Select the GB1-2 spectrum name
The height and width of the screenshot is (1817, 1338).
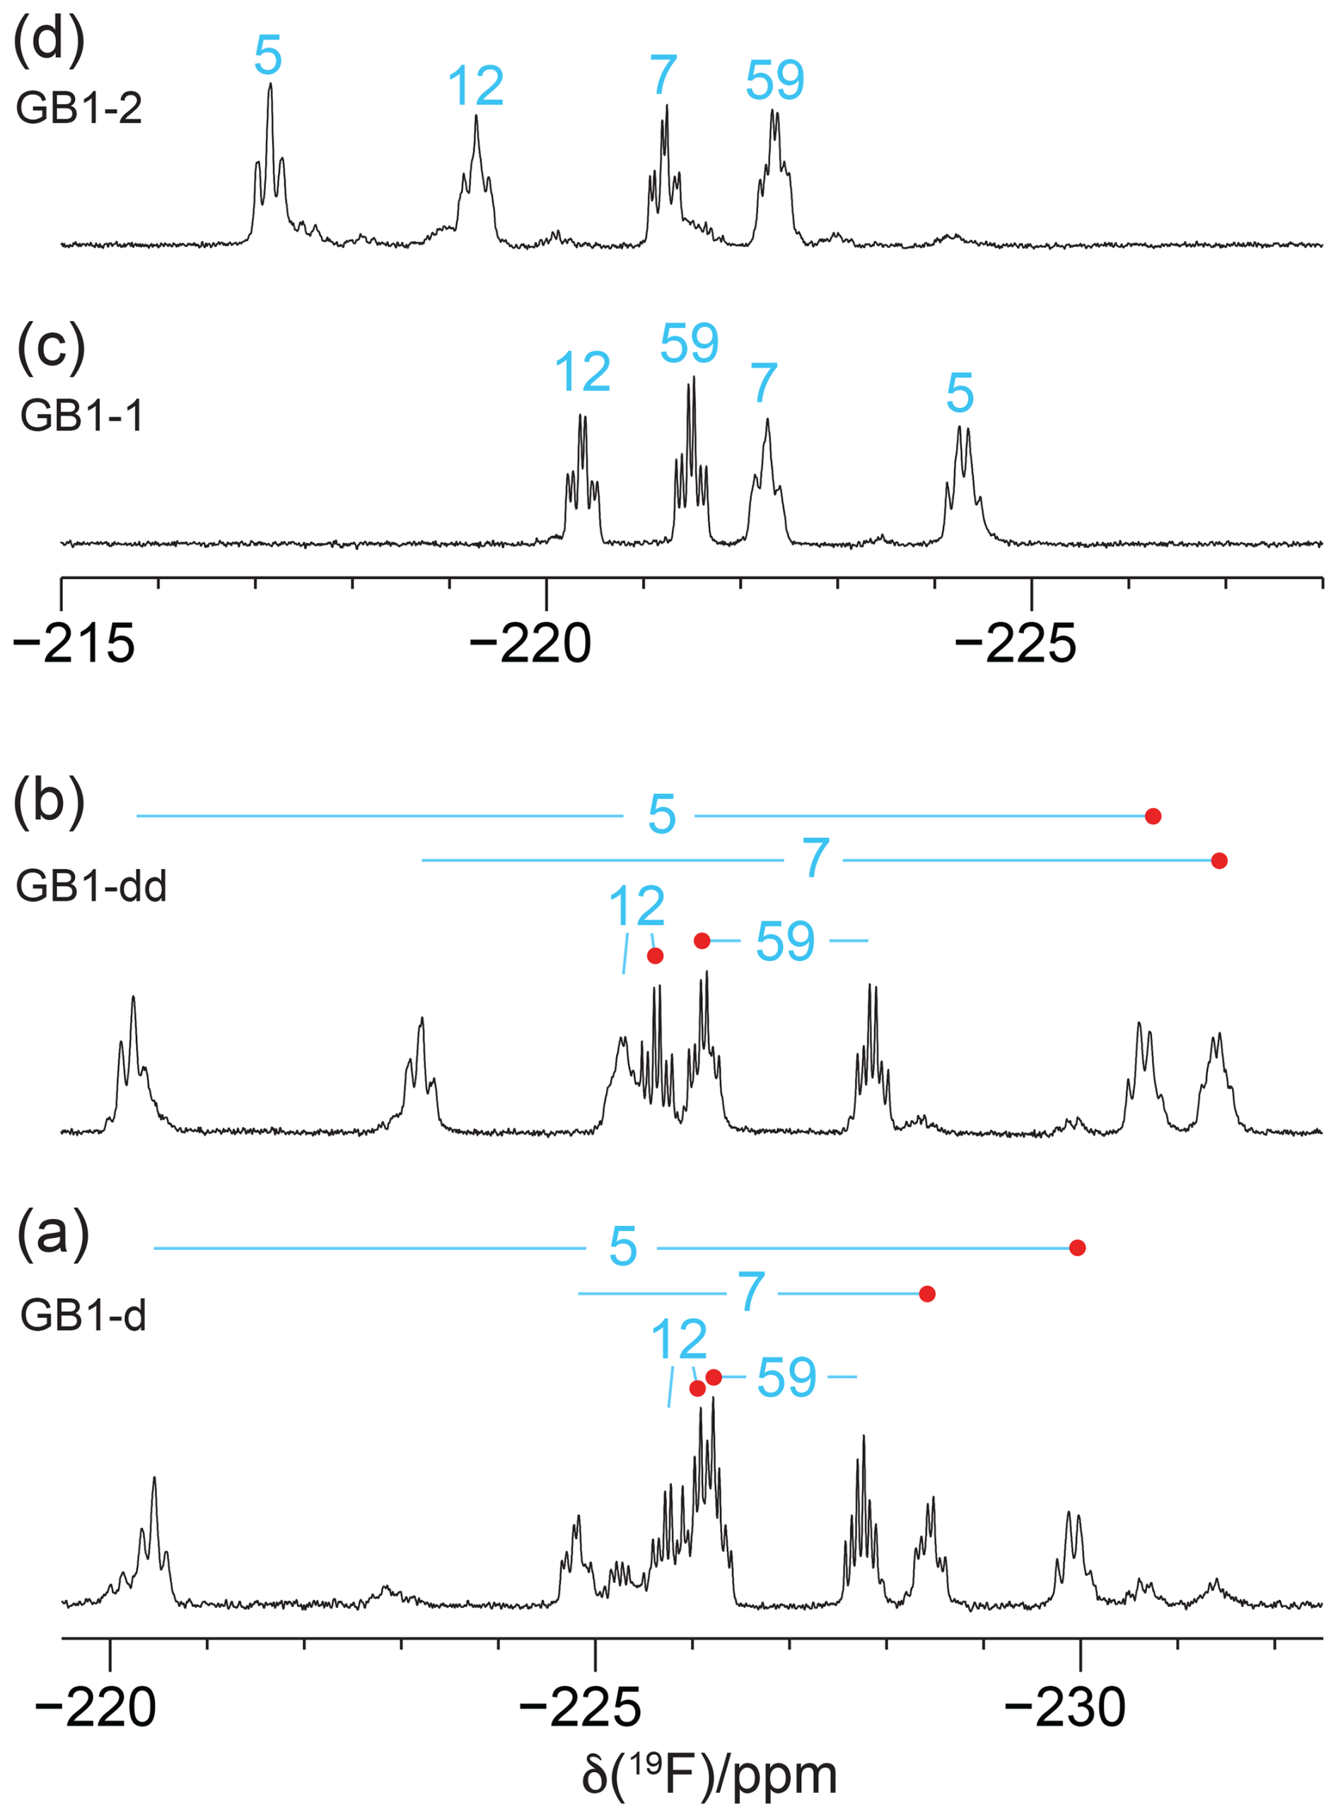pyautogui.click(x=78, y=108)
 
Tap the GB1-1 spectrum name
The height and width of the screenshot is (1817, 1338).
pyautogui.click(x=82, y=416)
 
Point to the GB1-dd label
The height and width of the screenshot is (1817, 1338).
pyautogui.click(x=91, y=887)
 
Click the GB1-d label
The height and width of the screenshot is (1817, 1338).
pyautogui.click(x=83, y=1315)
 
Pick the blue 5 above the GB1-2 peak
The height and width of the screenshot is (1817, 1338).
pyautogui.click(x=268, y=56)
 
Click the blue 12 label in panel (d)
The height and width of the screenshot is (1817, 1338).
pyautogui.click(x=475, y=86)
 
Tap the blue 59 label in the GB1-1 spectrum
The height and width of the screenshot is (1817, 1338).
pyautogui.click(x=690, y=344)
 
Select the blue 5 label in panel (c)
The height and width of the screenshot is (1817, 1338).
pyautogui.click(x=960, y=394)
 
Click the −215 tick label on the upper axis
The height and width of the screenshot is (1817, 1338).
pyautogui.click(x=74, y=645)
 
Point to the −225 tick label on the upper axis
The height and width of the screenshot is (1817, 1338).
pyautogui.click(x=1016, y=645)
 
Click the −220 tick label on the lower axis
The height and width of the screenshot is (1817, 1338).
pyautogui.click(x=95, y=1709)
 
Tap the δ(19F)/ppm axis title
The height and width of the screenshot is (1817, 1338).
pyautogui.click(x=709, y=1776)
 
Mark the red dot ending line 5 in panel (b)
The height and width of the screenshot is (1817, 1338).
pyautogui.click(x=1153, y=816)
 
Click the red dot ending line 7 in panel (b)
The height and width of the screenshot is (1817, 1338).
pyautogui.click(x=1219, y=860)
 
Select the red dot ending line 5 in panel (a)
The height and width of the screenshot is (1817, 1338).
pyautogui.click(x=1077, y=1248)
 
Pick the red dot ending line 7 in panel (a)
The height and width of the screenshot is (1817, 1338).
pyautogui.click(x=927, y=1294)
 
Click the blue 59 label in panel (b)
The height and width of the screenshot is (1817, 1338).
pyautogui.click(x=785, y=942)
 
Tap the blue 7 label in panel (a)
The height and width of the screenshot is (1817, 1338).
pyautogui.click(x=752, y=1292)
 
